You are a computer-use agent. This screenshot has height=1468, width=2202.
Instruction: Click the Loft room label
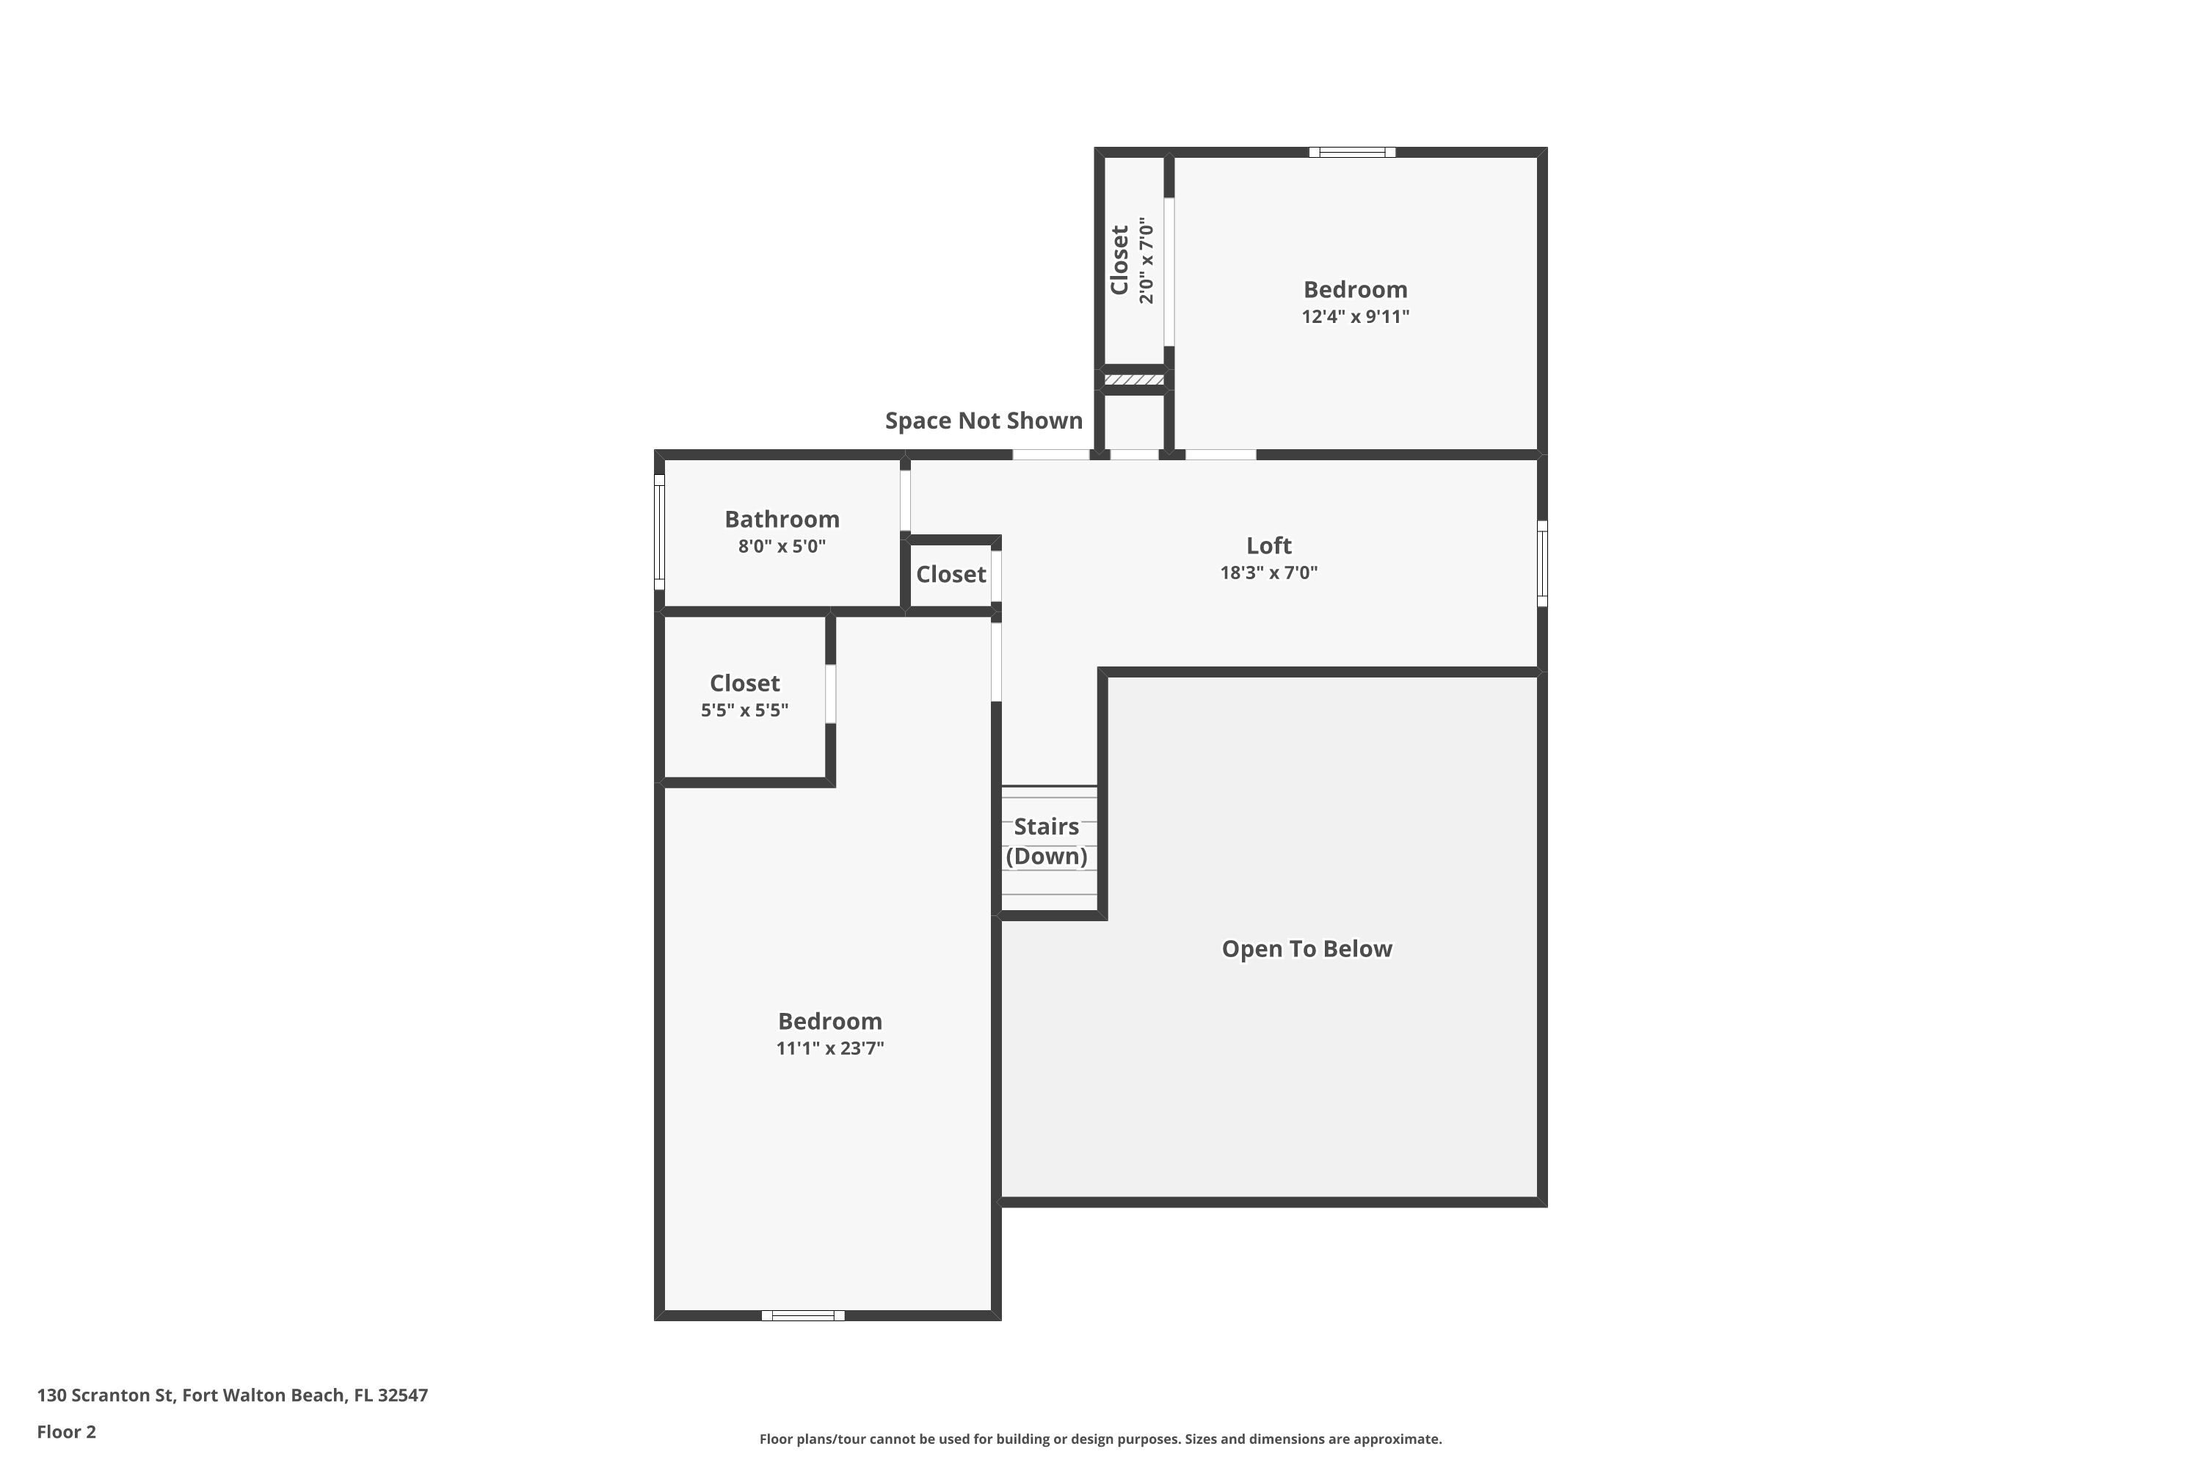click(x=1268, y=546)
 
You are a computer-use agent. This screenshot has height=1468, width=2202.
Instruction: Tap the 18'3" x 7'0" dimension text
click(x=1268, y=573)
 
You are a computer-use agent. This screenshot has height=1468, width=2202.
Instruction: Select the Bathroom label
click(x=782, y=520)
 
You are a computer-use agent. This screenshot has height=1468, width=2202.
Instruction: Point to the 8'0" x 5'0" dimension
click(x=782, y=547)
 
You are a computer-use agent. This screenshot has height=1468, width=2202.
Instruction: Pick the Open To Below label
click(x=1307, y=949)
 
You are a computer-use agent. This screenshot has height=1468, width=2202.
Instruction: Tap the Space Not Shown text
click(x=984, y=421)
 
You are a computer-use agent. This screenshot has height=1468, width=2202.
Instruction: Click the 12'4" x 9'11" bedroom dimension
click(x=1356, y=316)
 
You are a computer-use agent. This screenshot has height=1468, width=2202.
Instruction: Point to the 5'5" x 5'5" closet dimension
click(x=744, y=711)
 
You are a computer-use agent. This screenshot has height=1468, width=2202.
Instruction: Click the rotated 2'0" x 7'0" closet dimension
click(x=1147, y=261)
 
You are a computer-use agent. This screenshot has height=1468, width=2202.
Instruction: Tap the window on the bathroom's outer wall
click(x=659, y=531)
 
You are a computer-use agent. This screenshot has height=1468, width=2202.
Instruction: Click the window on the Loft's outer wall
click(x=1542, y=564)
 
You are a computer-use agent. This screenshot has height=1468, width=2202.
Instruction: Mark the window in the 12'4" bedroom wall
click(x=1352, y=153)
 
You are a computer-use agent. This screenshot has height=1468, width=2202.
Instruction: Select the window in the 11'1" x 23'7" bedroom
click(x=803, y=1315)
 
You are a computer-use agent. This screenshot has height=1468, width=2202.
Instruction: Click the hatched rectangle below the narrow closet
click(x=1134, y=380)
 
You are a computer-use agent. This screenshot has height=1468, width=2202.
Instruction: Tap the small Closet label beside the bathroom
click(x=951, y=575)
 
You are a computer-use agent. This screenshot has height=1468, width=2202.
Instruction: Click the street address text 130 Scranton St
click(x=106, y=1395)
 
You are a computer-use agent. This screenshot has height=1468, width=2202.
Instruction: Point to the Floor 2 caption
click(x=67, y=1431)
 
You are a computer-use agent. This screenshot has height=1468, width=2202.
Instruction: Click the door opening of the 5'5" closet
click(x=830, y=694)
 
